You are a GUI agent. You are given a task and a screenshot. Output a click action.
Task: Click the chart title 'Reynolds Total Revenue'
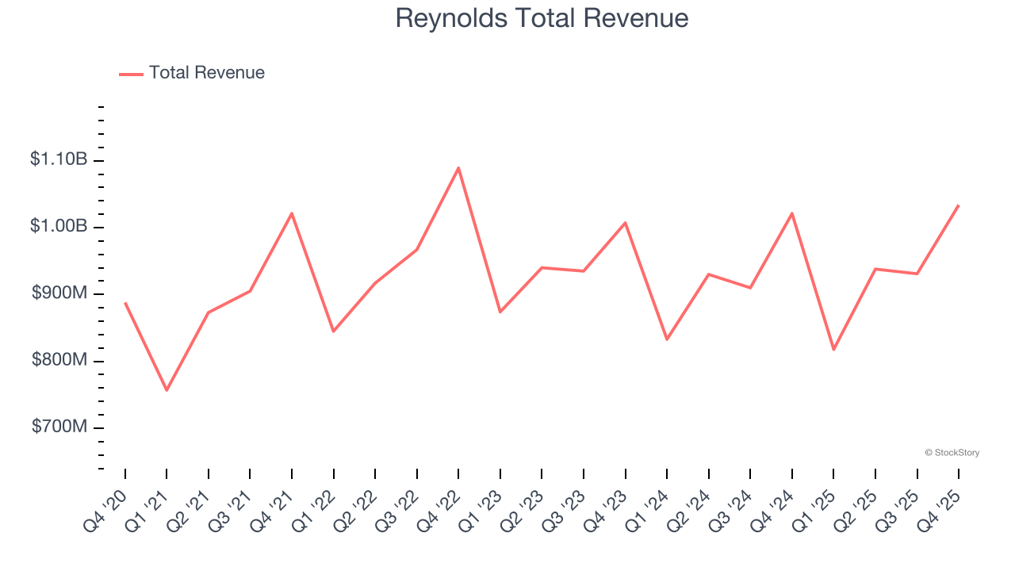[x=542, y=18]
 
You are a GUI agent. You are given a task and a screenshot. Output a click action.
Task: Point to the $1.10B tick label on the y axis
[x=59, y=159]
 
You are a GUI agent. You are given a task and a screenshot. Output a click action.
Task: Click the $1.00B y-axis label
[x=59, y=226]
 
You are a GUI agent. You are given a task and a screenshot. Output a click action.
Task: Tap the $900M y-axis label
[x=59, y=293]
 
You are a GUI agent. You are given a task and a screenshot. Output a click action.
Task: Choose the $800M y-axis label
[x=59, y=360]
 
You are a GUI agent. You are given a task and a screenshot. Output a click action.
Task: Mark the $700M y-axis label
[x=59, y=427]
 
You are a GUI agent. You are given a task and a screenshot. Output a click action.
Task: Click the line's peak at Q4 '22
[x=458, y=167]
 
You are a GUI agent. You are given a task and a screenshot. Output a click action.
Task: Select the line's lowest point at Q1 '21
[x=167, y=390]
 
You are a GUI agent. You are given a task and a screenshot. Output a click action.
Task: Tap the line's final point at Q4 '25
[x=959, y=205]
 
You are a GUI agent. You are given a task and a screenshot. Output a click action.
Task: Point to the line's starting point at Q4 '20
[x=125, y=303]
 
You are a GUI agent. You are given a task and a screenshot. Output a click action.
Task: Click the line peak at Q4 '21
[x=292, y=213]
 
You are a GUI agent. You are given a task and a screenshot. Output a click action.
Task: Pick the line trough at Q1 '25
[x=833, y=350]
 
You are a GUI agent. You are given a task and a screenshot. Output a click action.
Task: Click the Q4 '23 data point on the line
[x=626, y=223]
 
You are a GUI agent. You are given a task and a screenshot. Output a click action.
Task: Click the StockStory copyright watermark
[x=952, y=453]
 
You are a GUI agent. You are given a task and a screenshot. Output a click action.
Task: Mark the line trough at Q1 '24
[x=667, y=339]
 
